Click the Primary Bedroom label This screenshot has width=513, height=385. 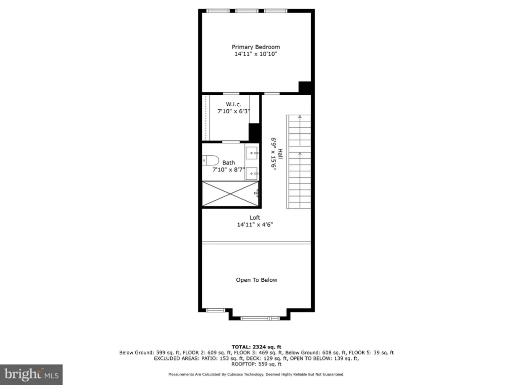[256, 47]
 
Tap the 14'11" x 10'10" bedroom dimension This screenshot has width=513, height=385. [256, 54]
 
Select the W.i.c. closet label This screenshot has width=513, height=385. [233, 104]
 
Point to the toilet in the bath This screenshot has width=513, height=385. [210, 160]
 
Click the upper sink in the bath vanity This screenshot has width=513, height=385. [252, 153]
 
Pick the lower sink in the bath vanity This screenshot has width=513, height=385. [252, 173]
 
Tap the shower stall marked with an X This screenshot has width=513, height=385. [230, 194]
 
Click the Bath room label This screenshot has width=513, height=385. [228, 162]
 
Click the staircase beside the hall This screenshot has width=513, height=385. [299, 162]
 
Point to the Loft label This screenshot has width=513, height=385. [255, 218]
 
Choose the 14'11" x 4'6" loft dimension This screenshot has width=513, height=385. [255, 225]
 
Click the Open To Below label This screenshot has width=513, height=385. [256, 280]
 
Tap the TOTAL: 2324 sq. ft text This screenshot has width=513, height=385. [256, 347]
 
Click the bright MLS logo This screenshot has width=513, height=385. [32, 374]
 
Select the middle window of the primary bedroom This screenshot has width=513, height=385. [246, 11]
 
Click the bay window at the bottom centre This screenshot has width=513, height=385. [261, 318]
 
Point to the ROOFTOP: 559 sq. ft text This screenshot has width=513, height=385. [256, 364]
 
